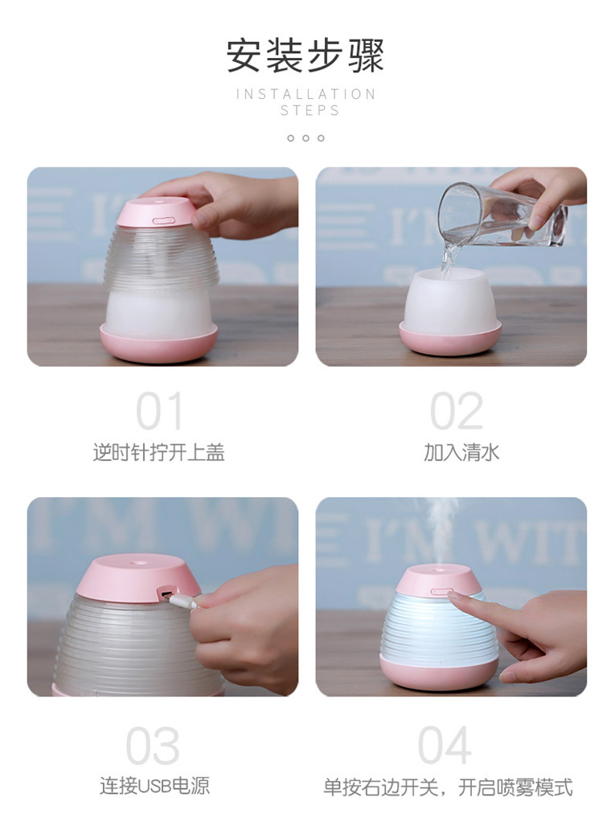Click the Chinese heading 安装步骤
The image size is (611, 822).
(305, 55)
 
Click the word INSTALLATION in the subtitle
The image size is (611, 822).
(306, 94)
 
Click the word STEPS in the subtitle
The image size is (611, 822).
(310, 111)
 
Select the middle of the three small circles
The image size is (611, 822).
(305, 138)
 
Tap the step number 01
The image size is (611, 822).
(159, 411)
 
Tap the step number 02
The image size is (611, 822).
(457, 411)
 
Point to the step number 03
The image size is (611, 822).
(153, 746)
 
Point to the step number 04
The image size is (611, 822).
(445, 746)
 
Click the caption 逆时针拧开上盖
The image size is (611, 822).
(158, 452)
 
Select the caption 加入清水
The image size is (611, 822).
(461, 452)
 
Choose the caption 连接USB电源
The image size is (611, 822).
(154, 786)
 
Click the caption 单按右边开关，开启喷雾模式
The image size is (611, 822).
(448, 787)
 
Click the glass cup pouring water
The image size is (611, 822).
(502, 215)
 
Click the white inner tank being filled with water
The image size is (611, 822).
(450, 301)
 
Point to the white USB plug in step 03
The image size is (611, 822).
(182, 601)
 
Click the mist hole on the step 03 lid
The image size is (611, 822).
(137, 564)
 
